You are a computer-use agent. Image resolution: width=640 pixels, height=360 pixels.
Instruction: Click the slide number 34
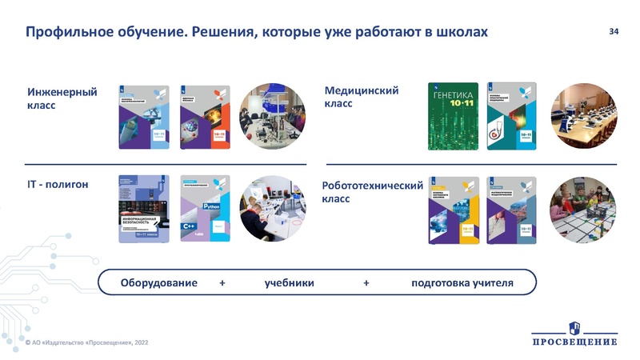(x=614, y=31)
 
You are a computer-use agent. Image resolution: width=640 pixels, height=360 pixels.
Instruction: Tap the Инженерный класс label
(x=62, y=98)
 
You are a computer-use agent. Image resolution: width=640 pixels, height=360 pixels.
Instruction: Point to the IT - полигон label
(x=58, y=185)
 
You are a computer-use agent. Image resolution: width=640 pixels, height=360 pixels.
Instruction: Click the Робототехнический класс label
(x=371, y=192)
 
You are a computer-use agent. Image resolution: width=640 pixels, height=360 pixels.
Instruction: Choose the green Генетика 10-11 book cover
(x=453, y=116)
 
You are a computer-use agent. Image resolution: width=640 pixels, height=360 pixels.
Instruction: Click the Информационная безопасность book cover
(x=144, y=209)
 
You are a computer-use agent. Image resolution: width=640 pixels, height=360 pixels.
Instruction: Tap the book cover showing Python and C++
(x=206, y=209)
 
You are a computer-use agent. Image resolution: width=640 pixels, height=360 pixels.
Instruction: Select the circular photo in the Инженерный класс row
(x=268, y=116)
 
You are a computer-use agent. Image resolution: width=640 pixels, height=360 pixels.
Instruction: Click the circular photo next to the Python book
(x=268, y=209)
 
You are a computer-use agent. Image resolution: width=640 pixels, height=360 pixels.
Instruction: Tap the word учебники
(x=289, y=283)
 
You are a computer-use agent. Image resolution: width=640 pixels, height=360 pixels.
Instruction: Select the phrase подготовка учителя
(x=462, y=283)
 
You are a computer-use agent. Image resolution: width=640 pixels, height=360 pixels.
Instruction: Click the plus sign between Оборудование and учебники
(x=222, y=283)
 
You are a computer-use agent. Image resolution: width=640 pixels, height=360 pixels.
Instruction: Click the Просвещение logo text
(x=574, y=342)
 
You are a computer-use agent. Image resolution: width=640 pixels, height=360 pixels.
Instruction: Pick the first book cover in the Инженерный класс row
(x=144, y=116)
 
